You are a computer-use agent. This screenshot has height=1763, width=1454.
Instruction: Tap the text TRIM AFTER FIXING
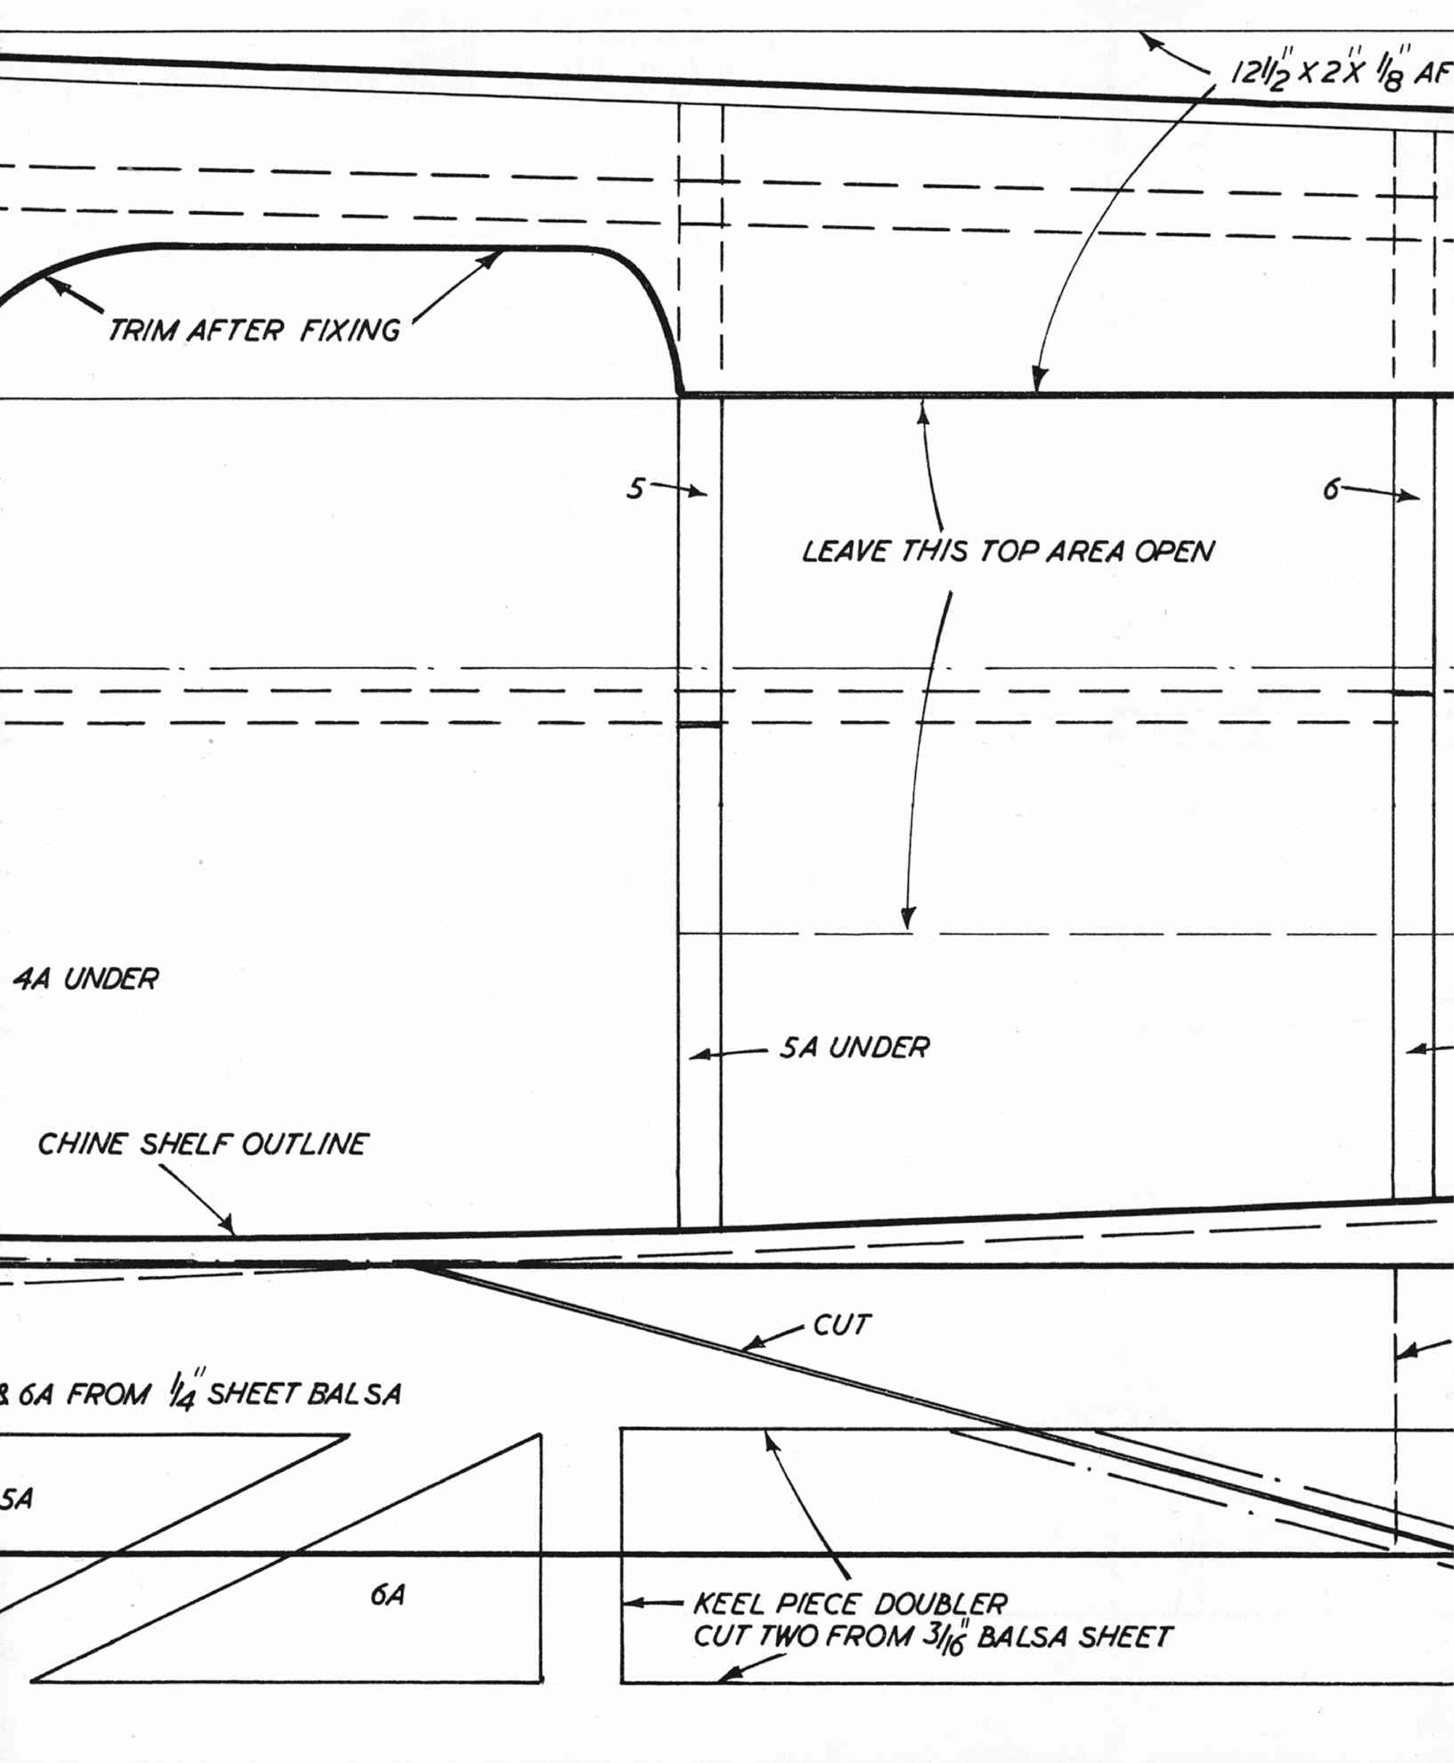click(255, 330)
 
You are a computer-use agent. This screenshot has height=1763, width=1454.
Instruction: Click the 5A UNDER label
click(854, 1047)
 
